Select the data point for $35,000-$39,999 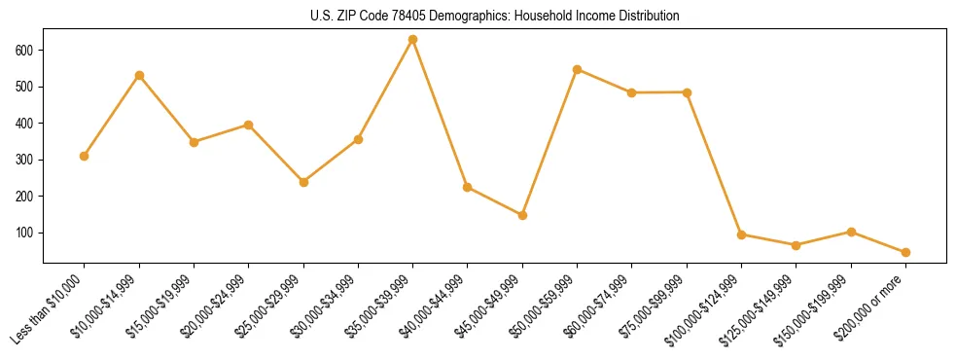pos(413,40)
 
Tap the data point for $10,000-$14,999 pos(139,76)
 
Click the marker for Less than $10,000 pos(85,157)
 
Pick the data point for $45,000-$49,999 pos(522,215)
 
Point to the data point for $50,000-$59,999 pos(578,70)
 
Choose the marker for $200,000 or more pos(905,253)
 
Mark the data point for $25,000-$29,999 pos(303,182)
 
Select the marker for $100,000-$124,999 pos(742,234)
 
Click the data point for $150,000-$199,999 pos(851,232)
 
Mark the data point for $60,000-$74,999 pos(632,92)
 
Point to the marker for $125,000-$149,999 pos(797,245)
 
